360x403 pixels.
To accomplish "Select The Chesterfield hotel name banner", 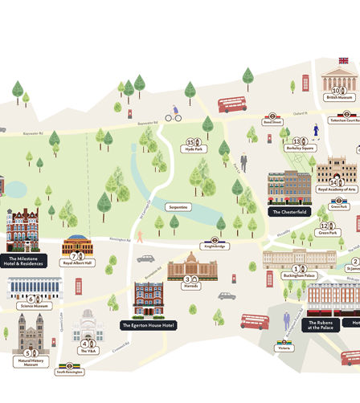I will coord(288,212).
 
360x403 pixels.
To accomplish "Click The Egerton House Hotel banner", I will coord(148,325).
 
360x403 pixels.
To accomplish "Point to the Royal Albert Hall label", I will coord(77,263).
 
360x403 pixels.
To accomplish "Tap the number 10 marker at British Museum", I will coord(337,91).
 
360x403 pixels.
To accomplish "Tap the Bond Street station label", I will coord(272,123).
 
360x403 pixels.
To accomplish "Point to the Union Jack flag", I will coord(343,60).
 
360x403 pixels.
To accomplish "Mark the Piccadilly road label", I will coord(280,232).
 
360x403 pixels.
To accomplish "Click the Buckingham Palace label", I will coord(300,275).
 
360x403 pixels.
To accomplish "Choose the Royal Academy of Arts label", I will coord(337,190).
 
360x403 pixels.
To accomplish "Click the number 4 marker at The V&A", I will coord(84,343).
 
